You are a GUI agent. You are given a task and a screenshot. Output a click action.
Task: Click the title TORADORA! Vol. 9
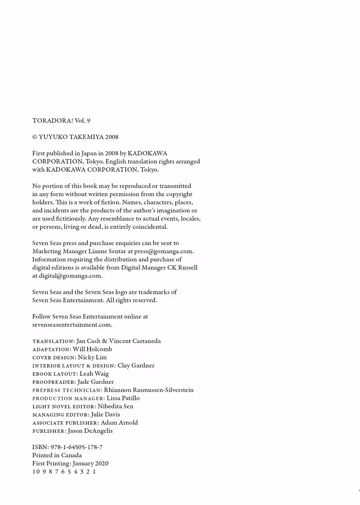[61, 121]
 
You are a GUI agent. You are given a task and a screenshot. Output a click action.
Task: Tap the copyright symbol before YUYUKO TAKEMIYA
[35, 137]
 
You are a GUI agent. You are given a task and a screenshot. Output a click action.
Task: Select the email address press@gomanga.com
[164, 252]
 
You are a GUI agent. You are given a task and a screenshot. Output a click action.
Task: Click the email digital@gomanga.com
[70, 276]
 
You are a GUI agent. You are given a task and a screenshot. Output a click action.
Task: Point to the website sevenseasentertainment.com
[72, 325]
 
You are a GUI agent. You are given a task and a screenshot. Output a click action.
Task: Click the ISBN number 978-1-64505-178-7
[76, 447]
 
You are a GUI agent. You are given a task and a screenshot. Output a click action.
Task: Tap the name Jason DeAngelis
[90, 431]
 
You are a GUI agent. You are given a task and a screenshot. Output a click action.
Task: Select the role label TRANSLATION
[53, 341]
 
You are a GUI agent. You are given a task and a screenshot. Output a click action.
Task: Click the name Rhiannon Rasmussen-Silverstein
[149, 390]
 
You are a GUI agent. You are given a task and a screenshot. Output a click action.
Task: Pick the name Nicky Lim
[92, 357]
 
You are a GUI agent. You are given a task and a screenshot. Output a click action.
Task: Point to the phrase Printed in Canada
[57, 455]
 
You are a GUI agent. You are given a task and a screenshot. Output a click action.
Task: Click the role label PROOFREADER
[54, 382]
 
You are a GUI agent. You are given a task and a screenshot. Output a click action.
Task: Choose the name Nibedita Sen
[115, 406]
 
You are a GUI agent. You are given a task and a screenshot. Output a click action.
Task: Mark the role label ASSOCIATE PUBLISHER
[65, 423]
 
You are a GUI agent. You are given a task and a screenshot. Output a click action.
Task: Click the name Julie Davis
[105, 414]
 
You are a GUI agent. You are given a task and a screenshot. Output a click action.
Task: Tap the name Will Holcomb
[92, 349]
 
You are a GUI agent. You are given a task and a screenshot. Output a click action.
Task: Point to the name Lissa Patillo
[123, 398]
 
